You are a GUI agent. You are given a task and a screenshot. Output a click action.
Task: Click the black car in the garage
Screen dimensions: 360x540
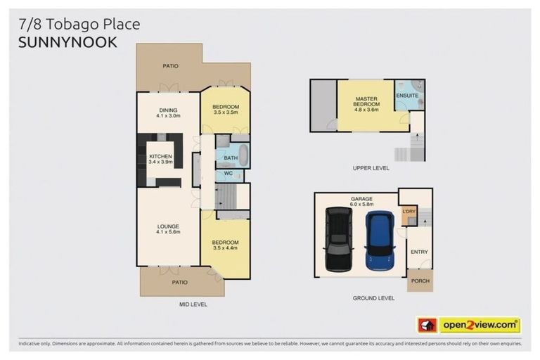point(338,239)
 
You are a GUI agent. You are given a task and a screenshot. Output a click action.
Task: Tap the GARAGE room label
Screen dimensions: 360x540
point(361,198)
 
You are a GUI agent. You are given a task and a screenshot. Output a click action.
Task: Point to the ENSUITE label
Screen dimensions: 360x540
point(406,95)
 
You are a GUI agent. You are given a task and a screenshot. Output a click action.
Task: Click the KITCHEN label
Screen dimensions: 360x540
point(160,156)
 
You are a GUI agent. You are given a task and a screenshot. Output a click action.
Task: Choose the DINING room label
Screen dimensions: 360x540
point(168,110)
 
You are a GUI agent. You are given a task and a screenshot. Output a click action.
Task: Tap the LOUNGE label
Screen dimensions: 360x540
point(168,226)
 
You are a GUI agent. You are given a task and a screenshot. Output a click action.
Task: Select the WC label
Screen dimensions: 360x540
point(228,173)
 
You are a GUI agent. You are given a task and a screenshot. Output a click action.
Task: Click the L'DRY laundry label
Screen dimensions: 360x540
point(409,211)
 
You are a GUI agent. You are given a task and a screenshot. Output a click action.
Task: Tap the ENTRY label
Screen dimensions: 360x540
point(420,252)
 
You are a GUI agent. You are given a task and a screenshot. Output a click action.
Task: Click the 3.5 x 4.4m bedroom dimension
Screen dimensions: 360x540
point(225,247)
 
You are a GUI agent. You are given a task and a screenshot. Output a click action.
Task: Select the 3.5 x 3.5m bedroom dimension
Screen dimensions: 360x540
point(225,112)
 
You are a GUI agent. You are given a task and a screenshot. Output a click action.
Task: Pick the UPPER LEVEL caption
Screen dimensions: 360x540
point(371,168)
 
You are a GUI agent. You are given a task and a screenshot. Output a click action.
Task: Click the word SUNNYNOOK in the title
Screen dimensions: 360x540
point(67,42)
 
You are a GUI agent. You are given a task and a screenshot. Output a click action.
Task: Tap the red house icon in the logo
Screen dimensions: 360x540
point(427,325)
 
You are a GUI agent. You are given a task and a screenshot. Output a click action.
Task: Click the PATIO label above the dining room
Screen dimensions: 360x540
point(170,65)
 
